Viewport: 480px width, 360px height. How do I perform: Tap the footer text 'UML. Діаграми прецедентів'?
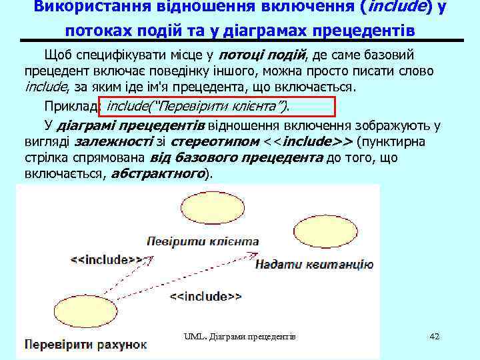click(x=240, y=337)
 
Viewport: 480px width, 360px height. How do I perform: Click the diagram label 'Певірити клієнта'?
click(x=203, y=241)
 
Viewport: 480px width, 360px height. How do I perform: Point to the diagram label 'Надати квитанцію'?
click(x=314, y=264)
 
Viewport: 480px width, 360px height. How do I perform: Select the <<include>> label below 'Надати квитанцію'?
click(x=205, y=296)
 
